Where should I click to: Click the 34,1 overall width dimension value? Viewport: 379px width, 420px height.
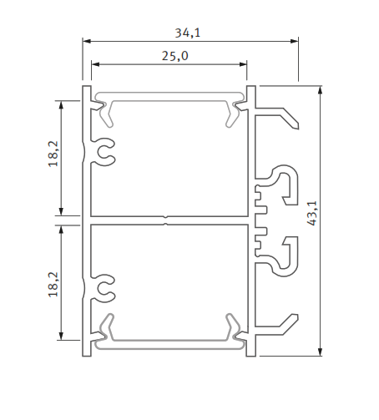188,33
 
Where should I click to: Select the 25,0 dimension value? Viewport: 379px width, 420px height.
174,55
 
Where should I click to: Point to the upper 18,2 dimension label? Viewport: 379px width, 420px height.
53,154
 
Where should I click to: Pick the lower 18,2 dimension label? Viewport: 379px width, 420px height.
53,284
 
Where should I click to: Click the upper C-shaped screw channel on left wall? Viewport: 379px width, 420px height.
105,151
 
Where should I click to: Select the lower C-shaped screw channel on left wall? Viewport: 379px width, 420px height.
105,288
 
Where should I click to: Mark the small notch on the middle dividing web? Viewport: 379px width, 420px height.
166,220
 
